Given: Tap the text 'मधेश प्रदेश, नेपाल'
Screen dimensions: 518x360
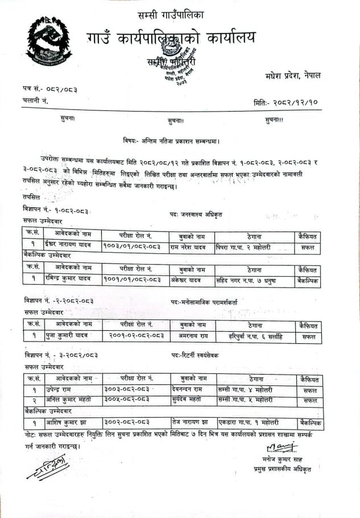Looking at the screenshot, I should (292, 75).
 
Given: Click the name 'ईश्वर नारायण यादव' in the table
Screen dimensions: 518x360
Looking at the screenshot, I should (73, 246).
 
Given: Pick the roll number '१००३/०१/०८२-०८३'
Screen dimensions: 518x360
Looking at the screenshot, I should (132, 246).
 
